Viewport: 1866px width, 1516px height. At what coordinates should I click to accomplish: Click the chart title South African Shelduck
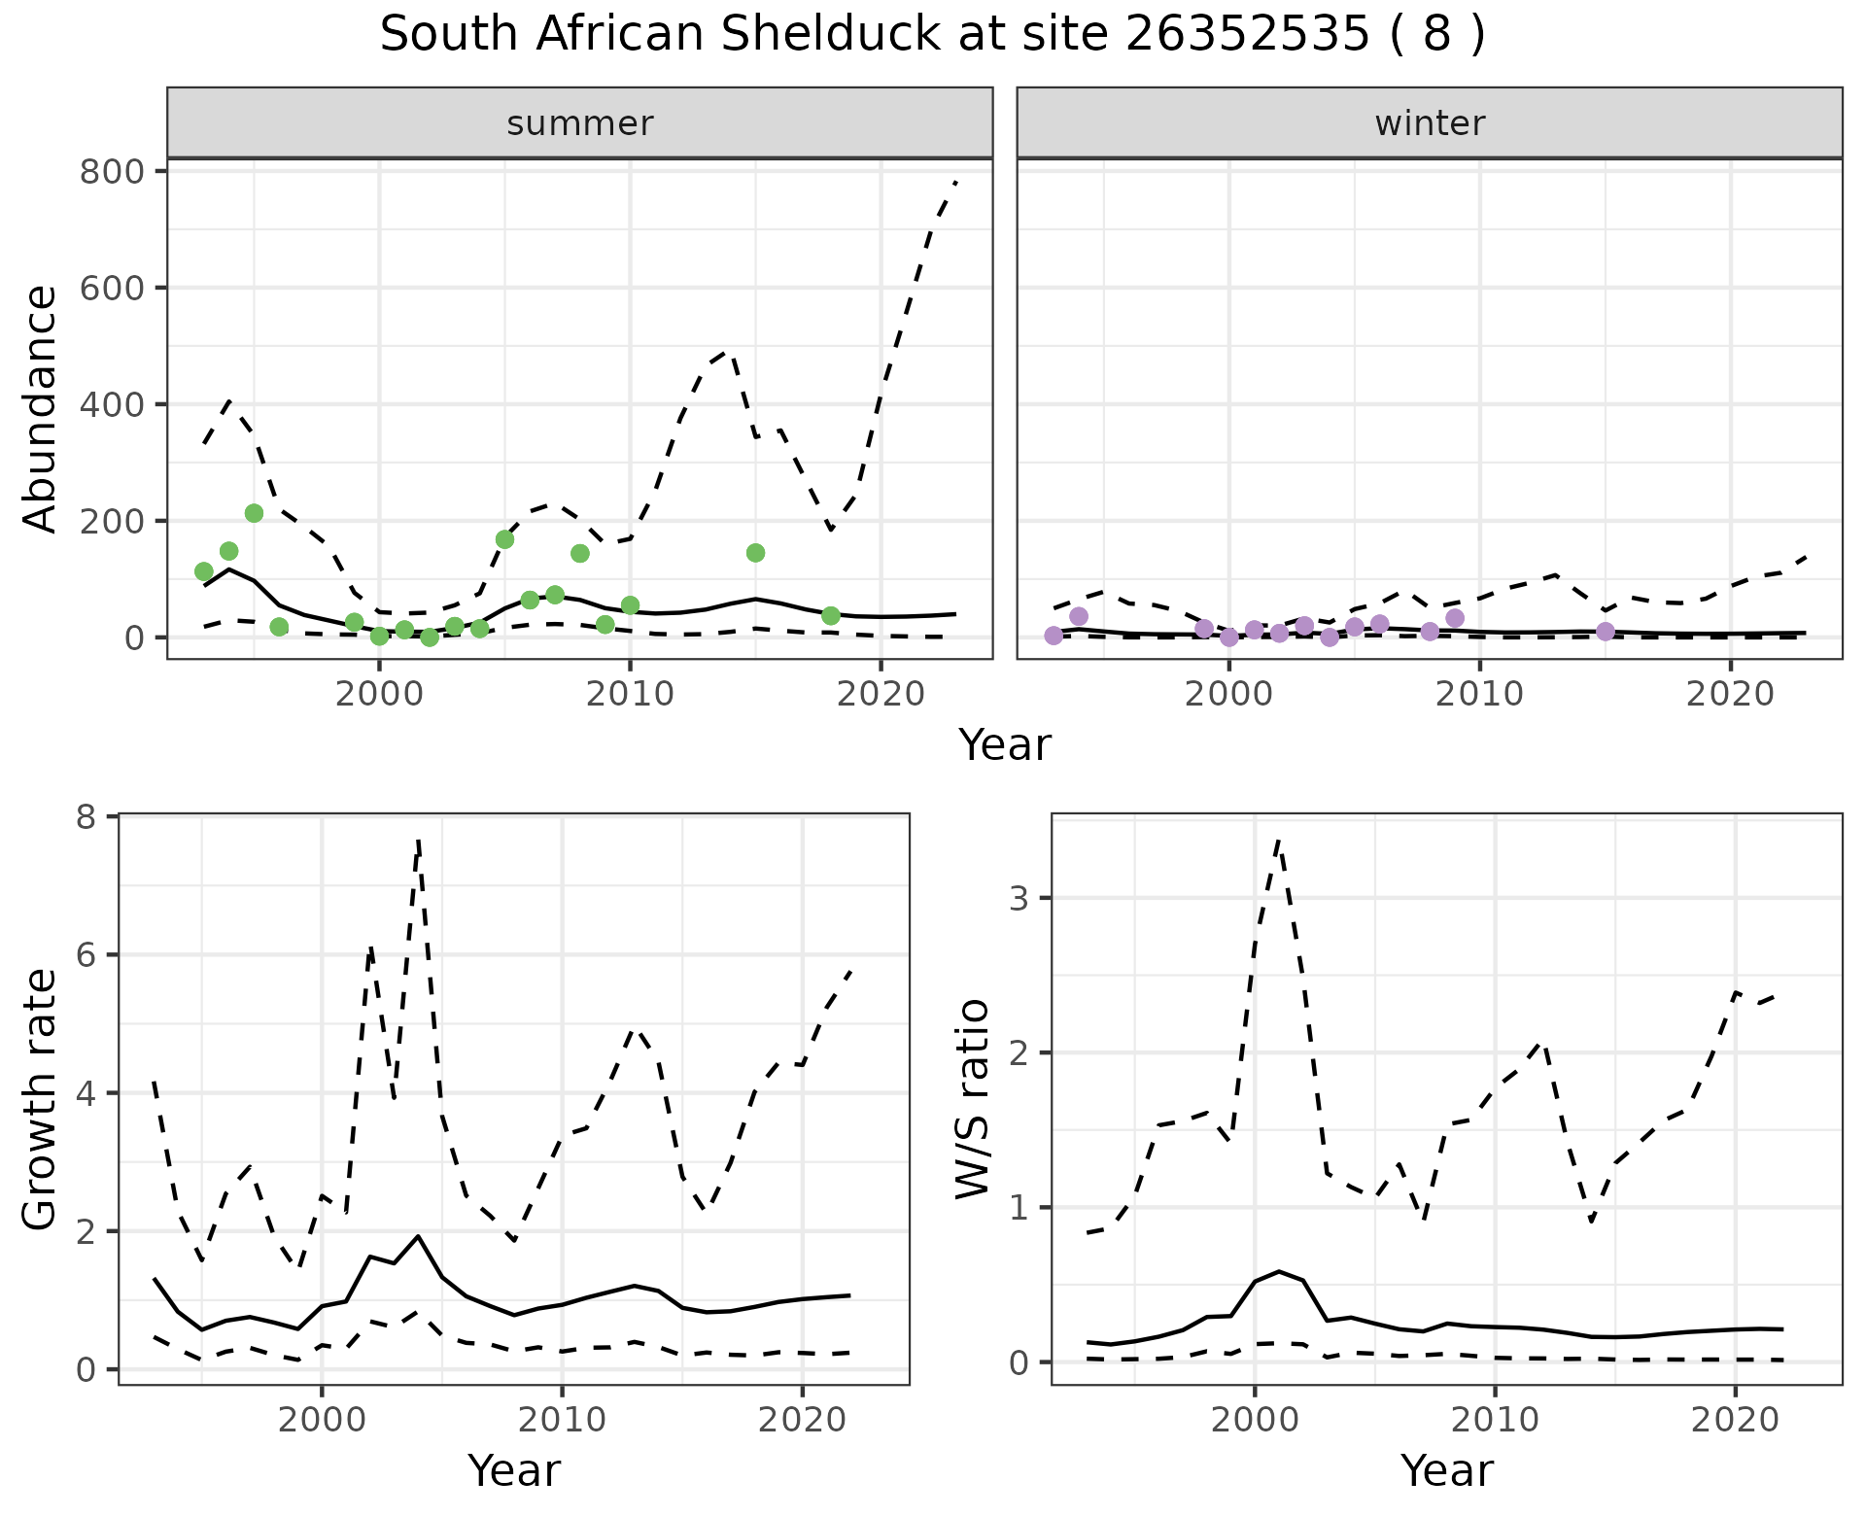[931, 35]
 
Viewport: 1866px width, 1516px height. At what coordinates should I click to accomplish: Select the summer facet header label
[580, 123]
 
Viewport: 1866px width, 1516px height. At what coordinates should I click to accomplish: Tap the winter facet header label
[1430, 123]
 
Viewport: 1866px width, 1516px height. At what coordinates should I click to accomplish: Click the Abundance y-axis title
[40, 408]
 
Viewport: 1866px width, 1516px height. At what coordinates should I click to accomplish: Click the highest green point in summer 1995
[254, 513]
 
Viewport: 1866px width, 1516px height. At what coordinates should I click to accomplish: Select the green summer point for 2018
[831, 616]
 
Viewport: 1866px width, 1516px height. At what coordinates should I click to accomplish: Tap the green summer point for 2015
[756, 553]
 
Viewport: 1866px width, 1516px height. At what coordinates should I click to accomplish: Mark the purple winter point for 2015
[1606, 632]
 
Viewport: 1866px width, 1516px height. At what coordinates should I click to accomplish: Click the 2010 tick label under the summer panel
[630, 695]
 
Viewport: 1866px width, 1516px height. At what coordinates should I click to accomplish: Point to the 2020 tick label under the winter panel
[1730, 695]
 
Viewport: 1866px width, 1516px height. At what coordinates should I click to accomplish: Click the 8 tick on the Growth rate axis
[93, 817]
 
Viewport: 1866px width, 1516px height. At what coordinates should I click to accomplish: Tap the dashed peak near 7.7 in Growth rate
[418, 841]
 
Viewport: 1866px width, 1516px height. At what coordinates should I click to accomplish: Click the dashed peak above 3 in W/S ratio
[1279, 841]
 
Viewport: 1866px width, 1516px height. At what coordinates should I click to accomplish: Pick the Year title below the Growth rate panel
[514, 1470]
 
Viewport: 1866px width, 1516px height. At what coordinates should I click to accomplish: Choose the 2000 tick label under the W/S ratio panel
[1255, 1420]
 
